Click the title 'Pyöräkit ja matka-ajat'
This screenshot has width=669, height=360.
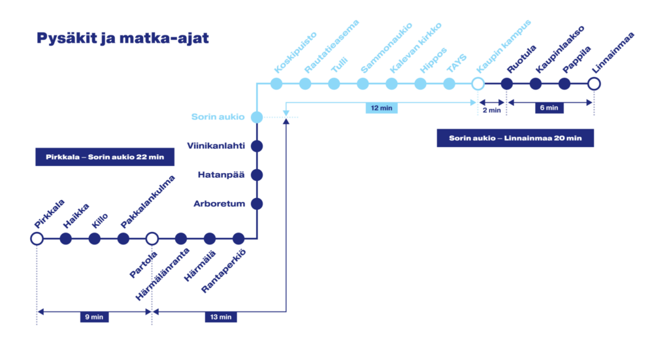click(122, 39)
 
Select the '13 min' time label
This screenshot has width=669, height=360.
click(221, 318)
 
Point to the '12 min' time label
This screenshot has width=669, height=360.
click(382, 108)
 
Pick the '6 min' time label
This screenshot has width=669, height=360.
click(549, 108)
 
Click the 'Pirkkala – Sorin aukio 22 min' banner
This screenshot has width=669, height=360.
click(105, 157)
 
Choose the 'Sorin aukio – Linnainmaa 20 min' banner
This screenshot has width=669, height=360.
click(515, 138)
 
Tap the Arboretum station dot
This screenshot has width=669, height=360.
click(257, 204)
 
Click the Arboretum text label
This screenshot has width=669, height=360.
click(219, 204)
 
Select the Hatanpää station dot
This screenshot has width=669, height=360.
click(257, 175)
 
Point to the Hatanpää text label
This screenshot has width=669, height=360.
click(221, 175)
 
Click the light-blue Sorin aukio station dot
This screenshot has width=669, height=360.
click(257, 117)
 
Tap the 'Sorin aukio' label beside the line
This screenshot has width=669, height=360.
click(218, 117)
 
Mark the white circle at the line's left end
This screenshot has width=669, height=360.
click(37, 238)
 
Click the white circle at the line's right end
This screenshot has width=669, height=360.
click(593, 84)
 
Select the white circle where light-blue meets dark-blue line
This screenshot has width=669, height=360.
click(478, 84)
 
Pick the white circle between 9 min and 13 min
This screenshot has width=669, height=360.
click(152, 238)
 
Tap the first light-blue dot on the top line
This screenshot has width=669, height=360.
click(276, 84)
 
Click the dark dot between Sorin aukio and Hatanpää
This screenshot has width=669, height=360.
click(257, 146)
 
